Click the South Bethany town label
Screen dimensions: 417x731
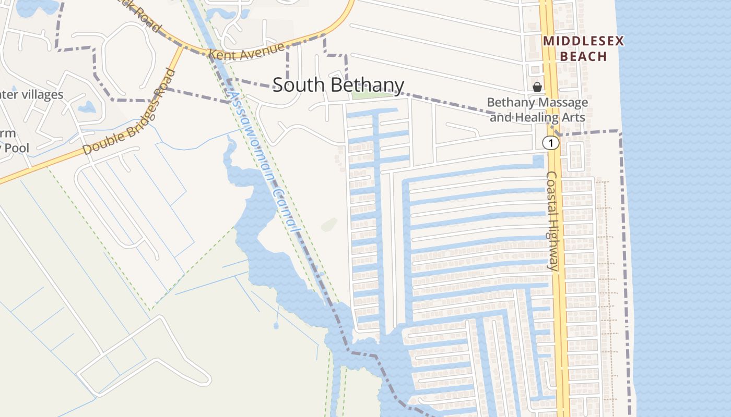[x=338, y=85]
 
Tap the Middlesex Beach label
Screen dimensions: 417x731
[x=583, y=48]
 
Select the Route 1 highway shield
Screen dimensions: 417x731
[x=550, y=143]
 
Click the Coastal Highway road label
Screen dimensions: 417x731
[x=552, y=221]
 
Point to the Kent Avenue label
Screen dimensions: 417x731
[x=246, y=51]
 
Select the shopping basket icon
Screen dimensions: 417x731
[x=537, y=87]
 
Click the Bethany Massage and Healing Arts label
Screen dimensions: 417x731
[x=538, y=110]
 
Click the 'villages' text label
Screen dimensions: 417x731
[x=41, y=95]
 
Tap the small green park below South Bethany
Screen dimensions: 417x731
[x=372, y=95]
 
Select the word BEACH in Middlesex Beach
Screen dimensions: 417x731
[x=583, y=56]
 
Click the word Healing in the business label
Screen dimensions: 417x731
[x=537, y=117]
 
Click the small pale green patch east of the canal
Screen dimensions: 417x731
[x=329, y=225]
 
